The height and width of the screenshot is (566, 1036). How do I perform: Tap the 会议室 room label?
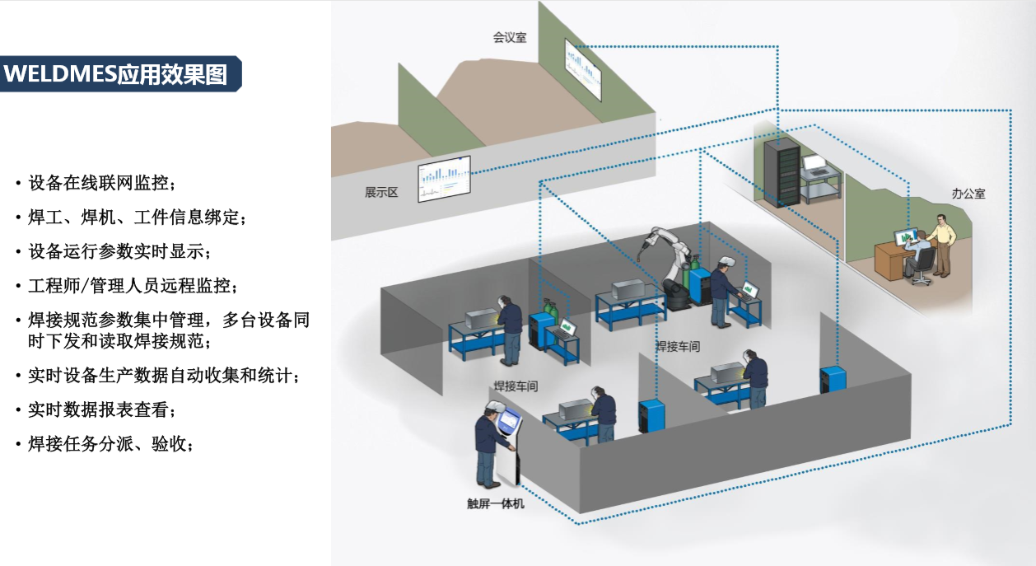point(510,37)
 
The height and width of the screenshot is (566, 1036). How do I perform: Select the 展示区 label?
point(381,192)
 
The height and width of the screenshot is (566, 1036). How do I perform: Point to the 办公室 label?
point(968,194)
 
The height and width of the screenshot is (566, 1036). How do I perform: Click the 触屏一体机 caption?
point(495,503)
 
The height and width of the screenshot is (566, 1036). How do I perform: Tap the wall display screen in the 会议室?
point(583,68)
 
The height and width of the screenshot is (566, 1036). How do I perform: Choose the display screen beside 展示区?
point(444,177)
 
